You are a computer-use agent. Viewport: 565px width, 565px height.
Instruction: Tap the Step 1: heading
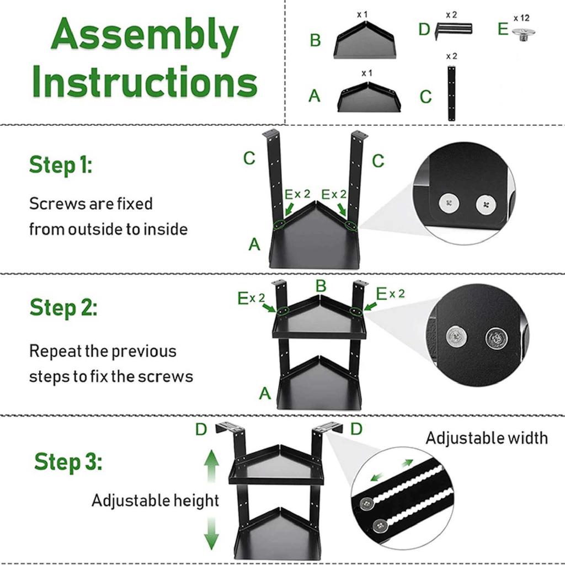point(61,165)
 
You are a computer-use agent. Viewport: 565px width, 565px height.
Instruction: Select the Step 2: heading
point(63,307)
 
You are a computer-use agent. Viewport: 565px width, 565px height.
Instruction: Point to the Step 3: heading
point(68,462)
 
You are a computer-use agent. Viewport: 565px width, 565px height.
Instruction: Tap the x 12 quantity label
point(521,18)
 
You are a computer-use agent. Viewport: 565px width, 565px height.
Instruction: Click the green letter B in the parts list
point(315,40)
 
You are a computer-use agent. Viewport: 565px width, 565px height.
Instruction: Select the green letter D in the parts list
point(424,29)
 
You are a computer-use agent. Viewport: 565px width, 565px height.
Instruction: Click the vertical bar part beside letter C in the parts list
point(451,93)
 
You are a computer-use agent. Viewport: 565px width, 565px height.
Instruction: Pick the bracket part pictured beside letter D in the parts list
point(454,30)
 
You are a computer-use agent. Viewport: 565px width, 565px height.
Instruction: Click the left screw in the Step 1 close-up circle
point(449,203)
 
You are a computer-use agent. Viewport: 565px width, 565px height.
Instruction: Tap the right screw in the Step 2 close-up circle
point(495,338)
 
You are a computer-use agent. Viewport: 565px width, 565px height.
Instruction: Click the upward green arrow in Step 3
point(211,465)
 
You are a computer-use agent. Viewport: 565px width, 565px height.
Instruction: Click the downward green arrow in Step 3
point(211,534)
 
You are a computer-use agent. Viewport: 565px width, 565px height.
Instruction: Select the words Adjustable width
point(487,438)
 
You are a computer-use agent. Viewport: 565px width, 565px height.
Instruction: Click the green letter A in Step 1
point(254,244)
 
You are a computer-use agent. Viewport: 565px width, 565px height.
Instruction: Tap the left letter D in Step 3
point(201,429)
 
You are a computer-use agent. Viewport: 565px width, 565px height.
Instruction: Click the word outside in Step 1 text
point(95,230)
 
